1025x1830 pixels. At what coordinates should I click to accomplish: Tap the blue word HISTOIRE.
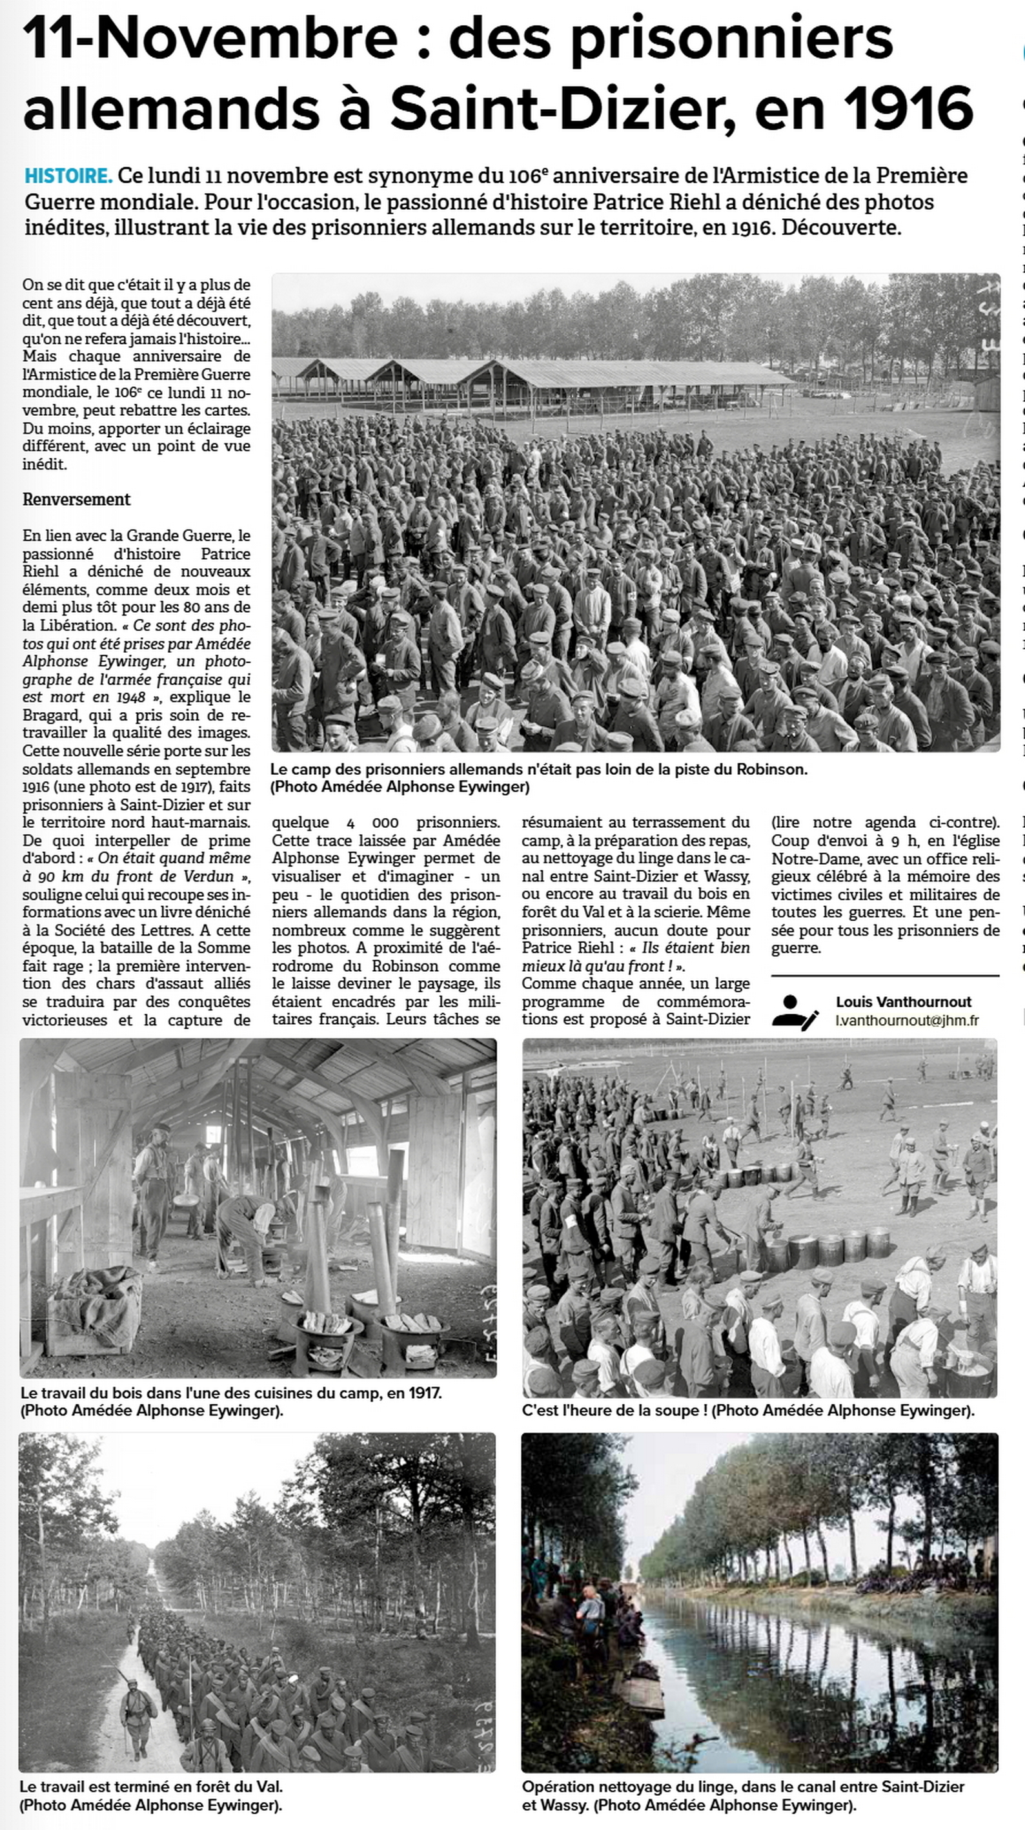coord(68,176)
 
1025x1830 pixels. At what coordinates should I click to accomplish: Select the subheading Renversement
coord(76,499)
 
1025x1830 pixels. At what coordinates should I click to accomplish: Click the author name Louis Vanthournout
coord(903,1002)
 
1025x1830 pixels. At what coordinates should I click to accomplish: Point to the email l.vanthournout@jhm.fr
coord(907,1020)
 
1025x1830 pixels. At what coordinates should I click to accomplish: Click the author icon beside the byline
coord(795,1012)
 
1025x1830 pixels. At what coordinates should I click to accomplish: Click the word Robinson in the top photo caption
coord(769,768)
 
